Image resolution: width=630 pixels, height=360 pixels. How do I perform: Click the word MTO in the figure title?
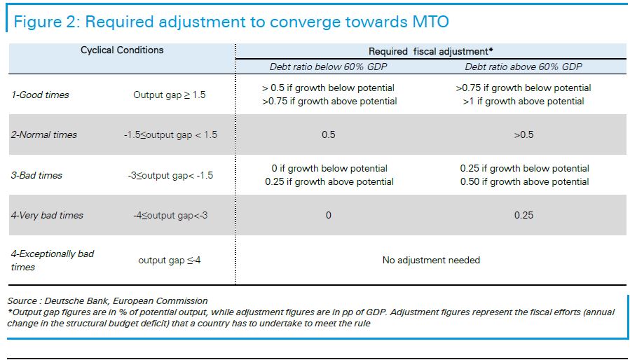[x=430, y=21]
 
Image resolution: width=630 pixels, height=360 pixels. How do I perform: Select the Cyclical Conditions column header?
[x=122, y=50]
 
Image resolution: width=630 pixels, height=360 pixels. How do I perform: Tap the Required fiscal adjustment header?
[x=431, y=51]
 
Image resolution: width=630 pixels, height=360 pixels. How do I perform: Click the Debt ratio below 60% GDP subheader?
[x=328, y=67]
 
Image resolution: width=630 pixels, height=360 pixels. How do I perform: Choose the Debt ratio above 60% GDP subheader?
[x=523, y=67]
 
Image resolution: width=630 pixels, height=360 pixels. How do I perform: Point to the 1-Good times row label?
[x=40, y=95]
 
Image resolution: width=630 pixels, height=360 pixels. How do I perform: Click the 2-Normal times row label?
[x=43, y=134]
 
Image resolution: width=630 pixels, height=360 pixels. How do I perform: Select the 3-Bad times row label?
[x=36, y=175]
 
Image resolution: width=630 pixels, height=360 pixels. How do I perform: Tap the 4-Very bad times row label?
[x=47, y=215]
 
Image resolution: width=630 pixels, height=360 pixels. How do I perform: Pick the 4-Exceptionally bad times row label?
[x=53, y=261]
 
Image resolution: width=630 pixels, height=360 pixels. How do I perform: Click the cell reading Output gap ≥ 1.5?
[x=170, y=95]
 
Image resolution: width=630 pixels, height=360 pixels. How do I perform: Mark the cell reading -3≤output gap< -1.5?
[x=170, y=175]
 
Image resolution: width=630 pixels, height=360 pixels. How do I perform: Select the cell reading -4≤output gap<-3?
[x=170, y=215]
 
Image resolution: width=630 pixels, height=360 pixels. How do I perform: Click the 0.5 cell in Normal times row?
[x=328, y=134]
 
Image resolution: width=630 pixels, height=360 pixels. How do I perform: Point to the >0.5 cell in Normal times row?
[x=524, y=134]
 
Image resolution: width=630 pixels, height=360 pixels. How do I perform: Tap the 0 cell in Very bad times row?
[x=328, y=215]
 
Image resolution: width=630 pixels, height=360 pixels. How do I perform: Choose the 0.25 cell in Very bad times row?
[x=524, y=215]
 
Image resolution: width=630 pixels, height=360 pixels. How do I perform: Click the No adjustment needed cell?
[x=431, y=260]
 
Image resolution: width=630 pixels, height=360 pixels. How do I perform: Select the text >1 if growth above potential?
[x=523, y=102]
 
